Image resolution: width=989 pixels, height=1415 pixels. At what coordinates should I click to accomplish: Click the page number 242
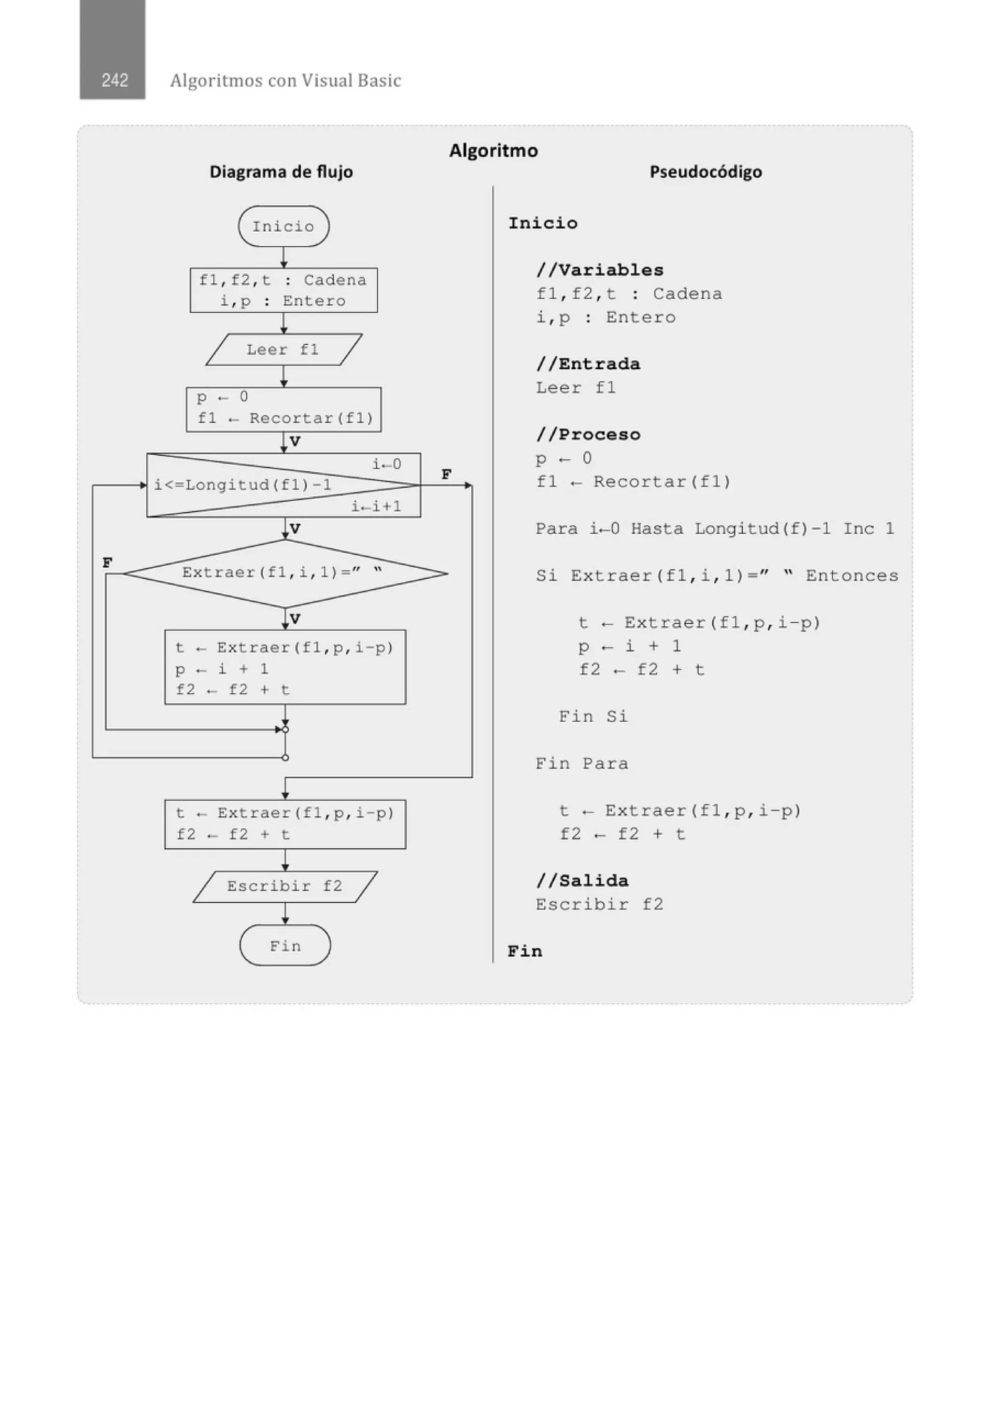tap(114, 80)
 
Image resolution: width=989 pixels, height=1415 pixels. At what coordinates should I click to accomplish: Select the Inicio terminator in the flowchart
tap(283, 226)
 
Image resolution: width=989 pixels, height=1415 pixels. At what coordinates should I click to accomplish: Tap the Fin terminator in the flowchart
tap(285, 945)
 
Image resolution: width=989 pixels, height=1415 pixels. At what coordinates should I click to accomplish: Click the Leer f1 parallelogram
tap(283, 350)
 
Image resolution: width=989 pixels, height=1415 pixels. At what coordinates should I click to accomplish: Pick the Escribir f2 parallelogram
tap(284, 886)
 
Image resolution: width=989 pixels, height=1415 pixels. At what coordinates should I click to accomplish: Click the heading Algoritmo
tap(493, 150)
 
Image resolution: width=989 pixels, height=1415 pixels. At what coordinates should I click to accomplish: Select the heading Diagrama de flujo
tap(281, 171)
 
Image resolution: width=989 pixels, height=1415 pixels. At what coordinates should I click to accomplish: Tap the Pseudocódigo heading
tap(706, 171)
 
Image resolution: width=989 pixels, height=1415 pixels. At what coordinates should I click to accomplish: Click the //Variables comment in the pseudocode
tap(599, 270)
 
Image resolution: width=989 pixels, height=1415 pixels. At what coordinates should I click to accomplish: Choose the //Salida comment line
tap(582, 881)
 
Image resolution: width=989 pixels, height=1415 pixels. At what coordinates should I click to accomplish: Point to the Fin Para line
tap(581, 764)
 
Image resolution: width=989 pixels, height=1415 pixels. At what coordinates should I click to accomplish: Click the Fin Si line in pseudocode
tap(593, 716)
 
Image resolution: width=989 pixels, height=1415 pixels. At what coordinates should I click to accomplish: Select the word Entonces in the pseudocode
tap(851, 575)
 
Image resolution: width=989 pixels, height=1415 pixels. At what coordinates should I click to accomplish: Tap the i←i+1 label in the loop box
tap(376, 506)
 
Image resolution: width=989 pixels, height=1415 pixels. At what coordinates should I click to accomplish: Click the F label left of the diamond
tap(107, 562)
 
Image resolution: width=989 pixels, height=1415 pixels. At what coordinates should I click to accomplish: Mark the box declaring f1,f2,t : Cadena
tap(283, 290)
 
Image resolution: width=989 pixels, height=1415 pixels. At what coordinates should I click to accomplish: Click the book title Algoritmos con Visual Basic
tap(285, 80)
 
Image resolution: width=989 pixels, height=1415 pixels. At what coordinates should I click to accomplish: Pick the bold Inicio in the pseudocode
tap(543, 223)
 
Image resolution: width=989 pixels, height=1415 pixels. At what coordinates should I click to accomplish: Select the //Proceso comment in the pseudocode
tap(588, 434)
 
